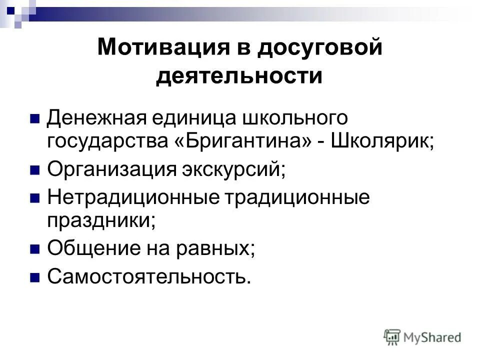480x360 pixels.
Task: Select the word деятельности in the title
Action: tap(239, 76)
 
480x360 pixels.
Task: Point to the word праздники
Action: tap(100, 220)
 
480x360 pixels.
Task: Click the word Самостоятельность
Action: tap(147, 276)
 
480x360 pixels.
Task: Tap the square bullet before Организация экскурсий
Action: tap(35, 170)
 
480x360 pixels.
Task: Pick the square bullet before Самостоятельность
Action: tap(35, 276)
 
